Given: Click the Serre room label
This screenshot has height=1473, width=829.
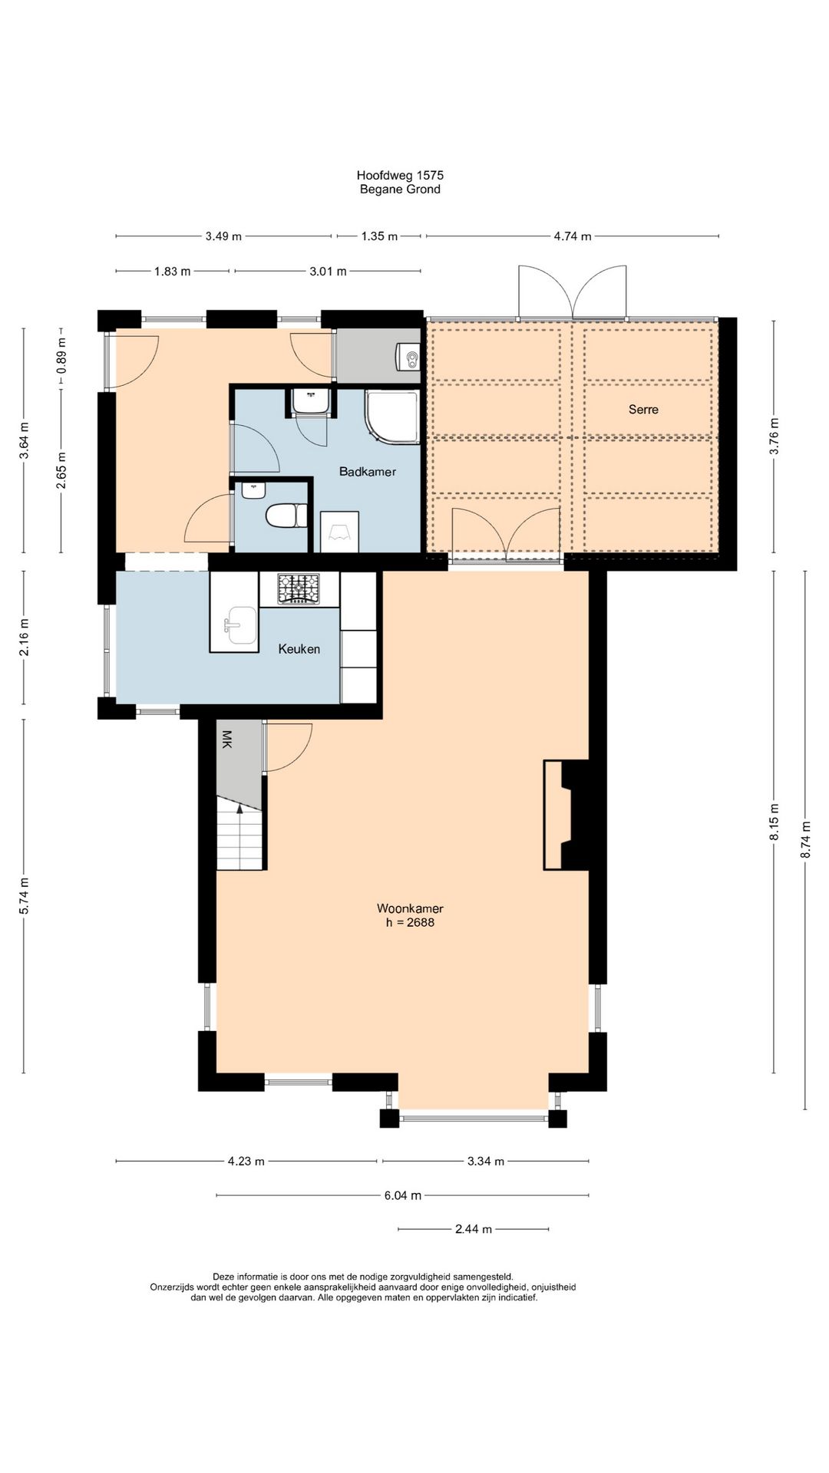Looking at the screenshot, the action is point(643,410).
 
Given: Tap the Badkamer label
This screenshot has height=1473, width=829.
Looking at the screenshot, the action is point(368,472).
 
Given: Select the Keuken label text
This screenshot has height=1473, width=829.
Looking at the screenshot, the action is point(299,649).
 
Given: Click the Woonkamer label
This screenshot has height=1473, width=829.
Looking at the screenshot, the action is point(410,909).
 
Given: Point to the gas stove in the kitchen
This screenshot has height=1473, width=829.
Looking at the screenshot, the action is point(299,588).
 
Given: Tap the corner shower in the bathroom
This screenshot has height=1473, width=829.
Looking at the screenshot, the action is point(392,417).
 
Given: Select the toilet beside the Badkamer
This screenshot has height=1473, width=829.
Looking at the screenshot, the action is point(286,516).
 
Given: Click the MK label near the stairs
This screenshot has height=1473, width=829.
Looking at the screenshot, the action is point(226,739).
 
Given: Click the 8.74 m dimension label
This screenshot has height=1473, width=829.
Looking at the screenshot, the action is point(806,840).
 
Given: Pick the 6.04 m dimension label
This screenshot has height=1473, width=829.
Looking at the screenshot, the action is point(403,1195).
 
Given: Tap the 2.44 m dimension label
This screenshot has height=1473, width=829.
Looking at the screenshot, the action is point(474,1229).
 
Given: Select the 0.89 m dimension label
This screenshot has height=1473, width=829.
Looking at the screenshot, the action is point(61,356).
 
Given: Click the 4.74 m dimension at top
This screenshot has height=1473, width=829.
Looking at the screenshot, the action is point(573,236).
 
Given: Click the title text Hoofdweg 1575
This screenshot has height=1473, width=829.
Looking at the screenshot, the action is point(400,176).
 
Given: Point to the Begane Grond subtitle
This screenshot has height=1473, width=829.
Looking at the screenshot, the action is point(400,189).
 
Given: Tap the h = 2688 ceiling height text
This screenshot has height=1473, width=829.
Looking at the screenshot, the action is point(410,923).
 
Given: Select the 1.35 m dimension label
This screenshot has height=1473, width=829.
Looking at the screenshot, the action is point(379,236).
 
